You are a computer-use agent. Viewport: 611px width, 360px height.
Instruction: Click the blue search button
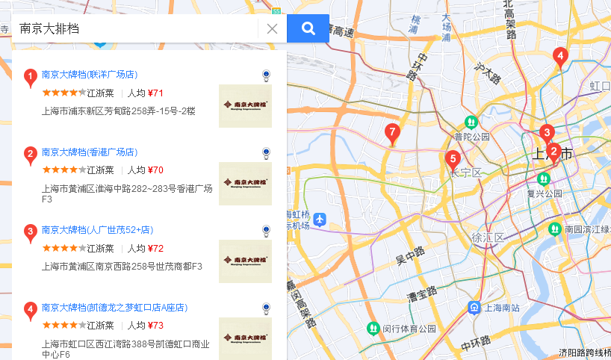click(308, 28)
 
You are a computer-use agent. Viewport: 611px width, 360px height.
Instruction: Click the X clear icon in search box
click(272, 28)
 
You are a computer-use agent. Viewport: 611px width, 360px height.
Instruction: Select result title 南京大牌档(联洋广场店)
click(90, 75)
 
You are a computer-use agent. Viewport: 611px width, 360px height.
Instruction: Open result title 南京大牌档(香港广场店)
click(90, 152)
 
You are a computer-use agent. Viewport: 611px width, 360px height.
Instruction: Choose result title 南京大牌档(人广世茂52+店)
click(97, 230)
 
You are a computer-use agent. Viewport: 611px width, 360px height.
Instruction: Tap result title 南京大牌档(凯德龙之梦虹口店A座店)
click(114, 308)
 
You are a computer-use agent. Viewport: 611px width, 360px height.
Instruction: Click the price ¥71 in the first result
click(155, 93)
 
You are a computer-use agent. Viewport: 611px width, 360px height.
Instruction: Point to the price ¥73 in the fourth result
click(155, 326)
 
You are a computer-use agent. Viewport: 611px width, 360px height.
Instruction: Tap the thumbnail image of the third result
click(245, 261)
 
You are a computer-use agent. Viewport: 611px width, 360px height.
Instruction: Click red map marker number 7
click(392, 134)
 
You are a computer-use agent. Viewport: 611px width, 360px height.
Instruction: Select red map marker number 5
click(451, 159)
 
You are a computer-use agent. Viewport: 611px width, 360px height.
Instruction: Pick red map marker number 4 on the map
click(559, 56)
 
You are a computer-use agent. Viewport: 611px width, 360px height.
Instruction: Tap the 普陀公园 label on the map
click(471, 137)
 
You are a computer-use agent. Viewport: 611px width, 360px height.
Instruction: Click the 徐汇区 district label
click(488, 238)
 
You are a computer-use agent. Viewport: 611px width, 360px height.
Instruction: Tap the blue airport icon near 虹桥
click(320, 220)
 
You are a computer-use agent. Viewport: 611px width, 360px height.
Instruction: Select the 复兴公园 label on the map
click(544, 193)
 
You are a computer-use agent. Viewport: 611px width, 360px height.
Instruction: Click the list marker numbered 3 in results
click(30, 232)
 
